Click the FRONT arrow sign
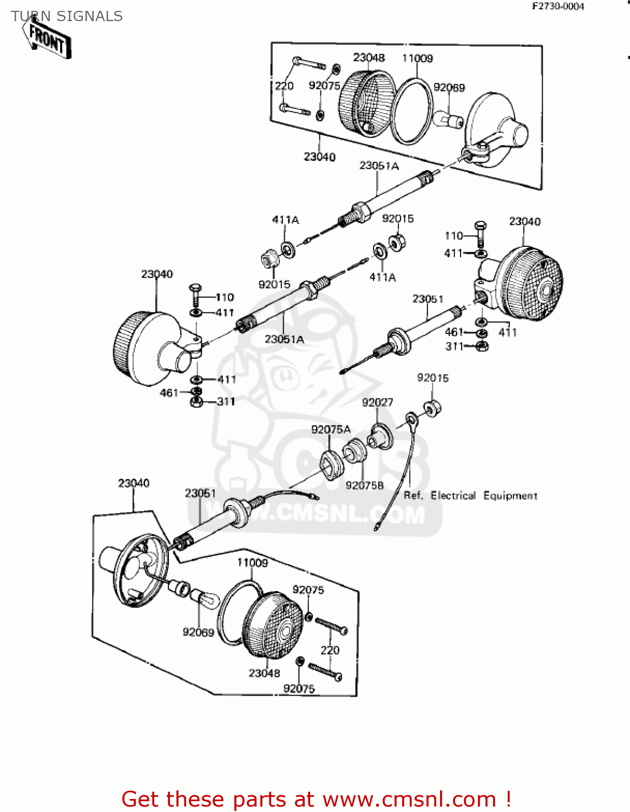point(47,40)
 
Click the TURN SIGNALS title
point(67,16)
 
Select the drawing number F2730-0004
point(558,6)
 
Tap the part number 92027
point(377,402)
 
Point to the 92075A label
point(331,429)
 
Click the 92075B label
point(364,486)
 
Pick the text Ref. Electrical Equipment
point(470,495)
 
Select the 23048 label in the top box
point(369,57)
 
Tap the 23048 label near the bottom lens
point(264,673)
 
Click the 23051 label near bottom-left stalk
point(200,493)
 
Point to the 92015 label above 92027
point(432,378)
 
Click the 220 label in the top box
point(284,86)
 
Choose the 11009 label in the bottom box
point(252,562)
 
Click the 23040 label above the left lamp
point(157,274)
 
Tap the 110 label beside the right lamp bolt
point(454,235)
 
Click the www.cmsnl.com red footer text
point(409,799)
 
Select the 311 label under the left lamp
point(226,401)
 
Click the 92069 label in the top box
point(449,87)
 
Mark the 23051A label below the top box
point(379,165)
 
